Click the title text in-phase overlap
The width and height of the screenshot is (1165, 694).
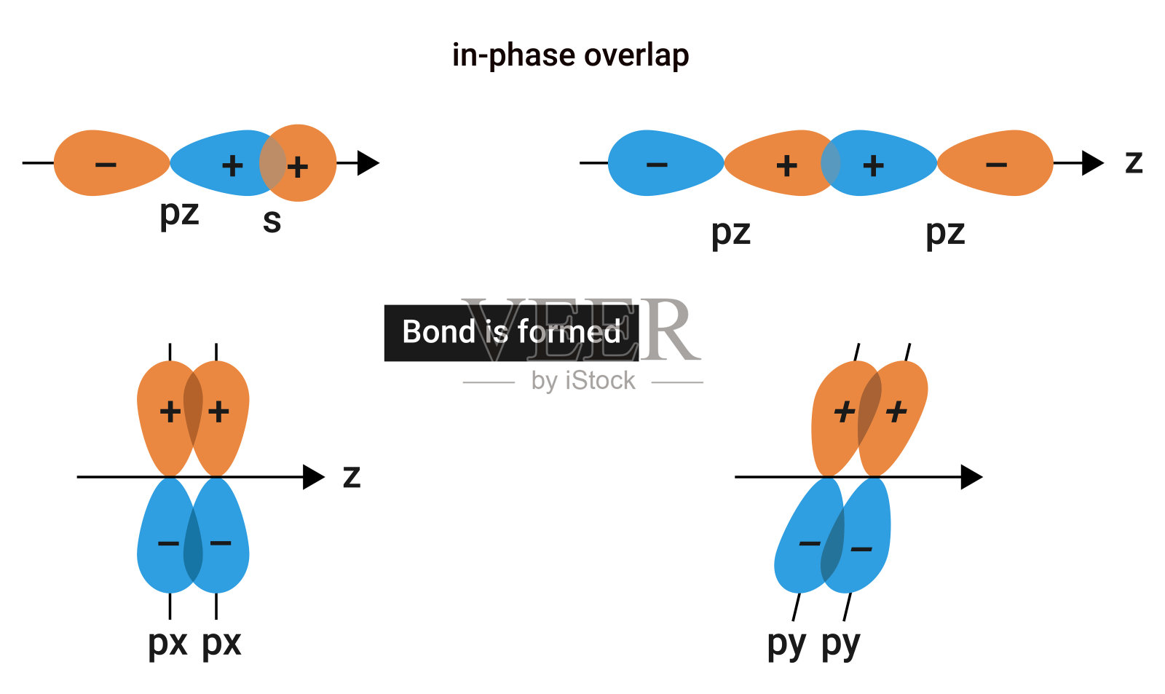[x=570, y=55]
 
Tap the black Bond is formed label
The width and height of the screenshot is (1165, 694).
[x=511, y=332]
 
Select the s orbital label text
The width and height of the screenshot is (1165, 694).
[x=272, y=220]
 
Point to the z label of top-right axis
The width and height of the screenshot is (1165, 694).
[x=1134, y=162]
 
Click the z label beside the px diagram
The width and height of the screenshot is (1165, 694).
[x=352, y=476]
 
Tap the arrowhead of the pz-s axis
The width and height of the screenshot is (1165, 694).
[x=368, y=163]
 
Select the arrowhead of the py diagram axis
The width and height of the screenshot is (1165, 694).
[x=971, y=477]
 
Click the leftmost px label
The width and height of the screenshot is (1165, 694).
[x=167, y=643]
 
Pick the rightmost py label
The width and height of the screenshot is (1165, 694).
[x=841, y=644]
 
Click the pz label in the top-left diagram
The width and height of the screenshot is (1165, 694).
[x=179, y=213]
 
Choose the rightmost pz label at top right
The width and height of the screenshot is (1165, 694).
[x=945, y=233]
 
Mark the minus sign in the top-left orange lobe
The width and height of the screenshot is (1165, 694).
[x=106, y=165]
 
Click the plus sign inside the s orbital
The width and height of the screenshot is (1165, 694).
[x=297, y=167]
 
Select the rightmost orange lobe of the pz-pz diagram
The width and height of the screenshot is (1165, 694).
[x=998, y=163]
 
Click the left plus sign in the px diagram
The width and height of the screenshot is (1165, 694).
[x=170, y=412]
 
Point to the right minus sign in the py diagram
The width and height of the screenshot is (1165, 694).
[x=861, y=549]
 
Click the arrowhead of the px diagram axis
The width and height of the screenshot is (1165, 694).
[x=314, y=477]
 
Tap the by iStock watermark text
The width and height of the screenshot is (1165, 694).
[x=583, y=381]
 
